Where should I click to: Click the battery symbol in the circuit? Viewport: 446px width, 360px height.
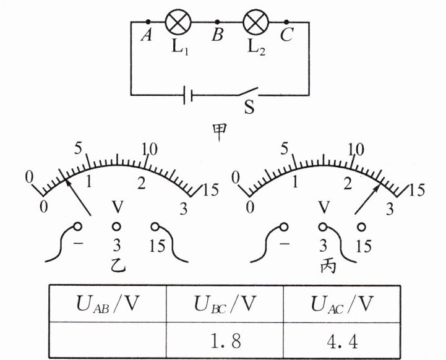click(189, 95)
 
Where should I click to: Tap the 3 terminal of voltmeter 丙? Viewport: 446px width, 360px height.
click(322, 226)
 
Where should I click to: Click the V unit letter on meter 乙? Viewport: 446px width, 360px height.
click(116, 207)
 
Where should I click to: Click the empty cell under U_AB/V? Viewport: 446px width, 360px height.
click(107, 340)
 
